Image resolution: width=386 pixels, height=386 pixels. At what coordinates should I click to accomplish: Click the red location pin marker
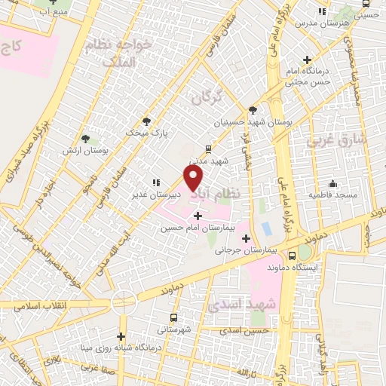[194, 178]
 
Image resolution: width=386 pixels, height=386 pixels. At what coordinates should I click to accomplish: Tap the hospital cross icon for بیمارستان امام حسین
[198, 216]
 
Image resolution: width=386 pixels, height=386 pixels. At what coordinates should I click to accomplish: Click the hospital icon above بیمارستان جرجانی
[246, 238]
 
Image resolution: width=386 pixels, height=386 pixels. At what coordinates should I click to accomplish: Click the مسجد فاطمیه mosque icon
[332, 183]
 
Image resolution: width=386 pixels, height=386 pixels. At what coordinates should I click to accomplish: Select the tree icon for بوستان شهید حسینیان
[253, 109]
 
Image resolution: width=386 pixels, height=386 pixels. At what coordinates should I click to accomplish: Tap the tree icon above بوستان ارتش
[87, 139]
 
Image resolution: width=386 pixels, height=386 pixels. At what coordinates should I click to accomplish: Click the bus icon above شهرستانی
[174, 317]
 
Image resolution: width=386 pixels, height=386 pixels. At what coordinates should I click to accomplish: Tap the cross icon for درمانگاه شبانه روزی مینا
[121, 336]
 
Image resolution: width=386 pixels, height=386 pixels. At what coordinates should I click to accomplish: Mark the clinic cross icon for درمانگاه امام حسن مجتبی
[307, 60]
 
